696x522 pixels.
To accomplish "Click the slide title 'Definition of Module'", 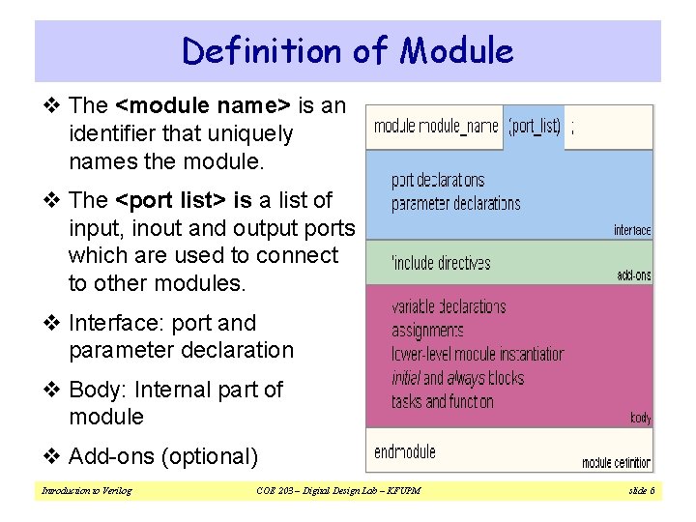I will [x=348, y=50].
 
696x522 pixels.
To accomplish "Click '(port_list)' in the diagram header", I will [x=535, y=127].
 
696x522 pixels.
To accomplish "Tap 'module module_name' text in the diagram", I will [x=436, y=127].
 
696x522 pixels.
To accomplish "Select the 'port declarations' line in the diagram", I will [x=438, y=180].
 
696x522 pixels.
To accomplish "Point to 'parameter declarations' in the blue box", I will [x=455, y=203].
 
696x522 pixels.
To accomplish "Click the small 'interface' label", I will [x=632, y=230].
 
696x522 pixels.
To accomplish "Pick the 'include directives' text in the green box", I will [x=441, y=263].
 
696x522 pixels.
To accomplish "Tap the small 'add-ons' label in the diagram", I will [x=634, y=275].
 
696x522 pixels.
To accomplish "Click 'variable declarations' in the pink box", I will [x=449, y=307].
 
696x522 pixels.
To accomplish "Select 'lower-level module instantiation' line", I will [x=478, y=354].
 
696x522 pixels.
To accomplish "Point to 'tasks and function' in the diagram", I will [x=443, y=401].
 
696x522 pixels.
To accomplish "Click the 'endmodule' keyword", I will [x=405, y=451].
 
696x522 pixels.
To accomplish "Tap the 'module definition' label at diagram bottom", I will [x=617, y=463].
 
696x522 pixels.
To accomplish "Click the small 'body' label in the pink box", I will [x=640, y=418].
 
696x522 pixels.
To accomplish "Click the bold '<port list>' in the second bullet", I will [x=170, y=200].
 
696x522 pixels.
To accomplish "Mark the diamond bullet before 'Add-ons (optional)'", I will [x=54, y=455].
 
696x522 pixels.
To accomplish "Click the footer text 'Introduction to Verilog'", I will [x=86, y=491].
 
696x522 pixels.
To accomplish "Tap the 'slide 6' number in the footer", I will [x=642, y=491].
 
